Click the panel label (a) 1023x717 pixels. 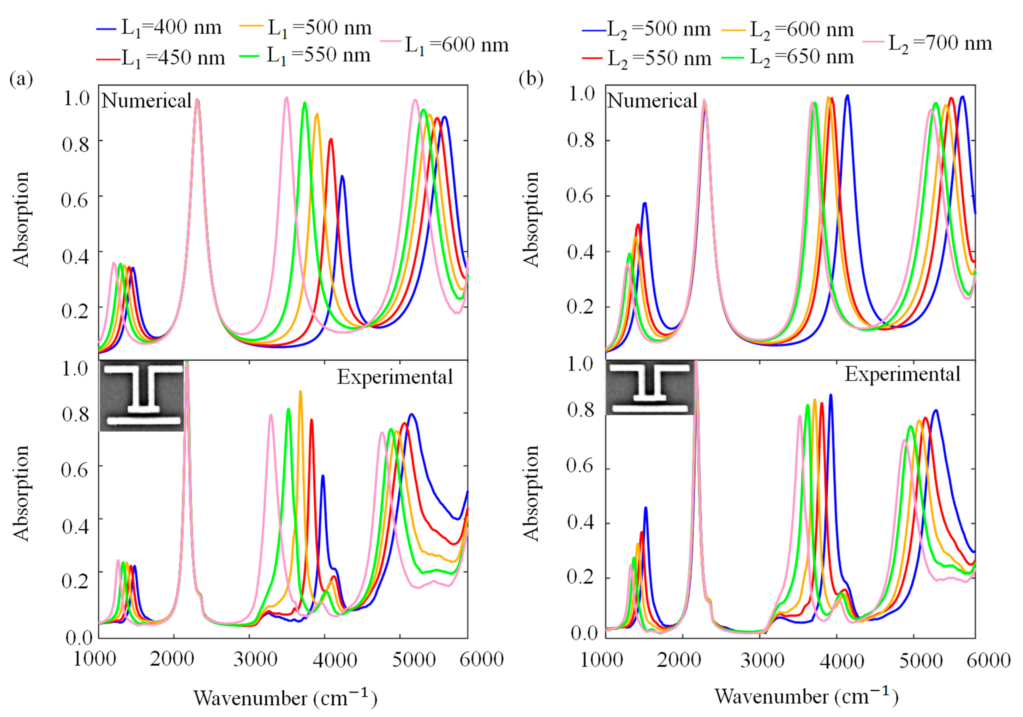click(x=21, y=79)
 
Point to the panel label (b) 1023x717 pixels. click(x=531, y=79)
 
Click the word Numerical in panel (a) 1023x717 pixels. click(x=146, y=101)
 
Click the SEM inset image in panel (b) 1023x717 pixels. click(x=649, y=388)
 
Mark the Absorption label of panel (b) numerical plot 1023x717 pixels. click(x=531, y=219)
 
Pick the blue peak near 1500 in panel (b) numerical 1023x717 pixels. click(x=644, y=203)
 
